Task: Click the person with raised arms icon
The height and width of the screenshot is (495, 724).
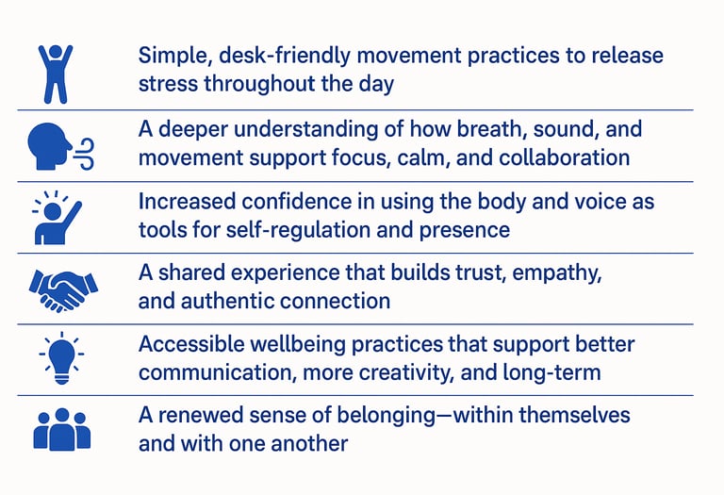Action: click(x=56, y=74)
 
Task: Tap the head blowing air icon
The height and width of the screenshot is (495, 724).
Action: click(x=60, y=146)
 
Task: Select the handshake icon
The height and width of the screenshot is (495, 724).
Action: click(x=63, y=291)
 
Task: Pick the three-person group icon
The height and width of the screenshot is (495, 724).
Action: click(x=62, y=429)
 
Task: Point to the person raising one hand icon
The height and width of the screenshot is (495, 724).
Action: click(x=58, y=218)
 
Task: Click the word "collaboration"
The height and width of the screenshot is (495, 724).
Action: click(x=565, y=157)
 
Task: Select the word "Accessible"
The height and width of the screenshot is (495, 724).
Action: click(x=191, y=344)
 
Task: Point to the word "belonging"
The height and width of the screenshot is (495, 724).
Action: click(x=386, y=416)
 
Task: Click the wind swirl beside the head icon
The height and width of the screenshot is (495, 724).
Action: click(x=85, y=154)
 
